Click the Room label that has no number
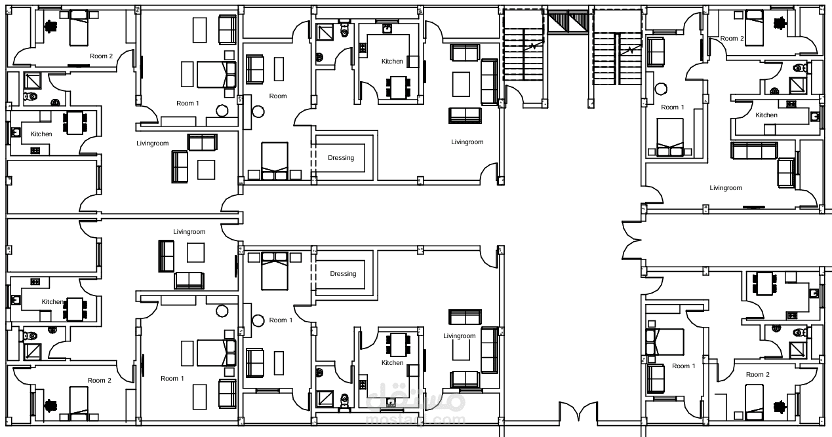pyautogui.click(x=278, y=96)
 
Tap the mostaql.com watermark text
pyautogui.click(x=415, y=419)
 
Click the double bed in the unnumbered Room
pyautogui.click(x=275, y=161)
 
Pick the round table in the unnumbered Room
pyautogui.click(x=258, y=111)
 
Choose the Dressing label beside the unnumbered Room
pyautogui.click(x=341, y=158)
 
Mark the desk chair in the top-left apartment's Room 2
pyautogui.click(x=51, y=27)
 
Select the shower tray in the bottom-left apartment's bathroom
pyautogui.click(x=33, y=351)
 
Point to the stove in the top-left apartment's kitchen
pyautogui.click(x=35, y=151)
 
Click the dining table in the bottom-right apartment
pyautogui.click(x=764, y=284)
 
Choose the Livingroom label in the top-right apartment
pyautogui.click(x=726, y=188)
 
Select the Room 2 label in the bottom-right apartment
pyautogui.click(x=758, y=375)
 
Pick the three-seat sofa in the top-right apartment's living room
pyautogui.click(x=754, y=151)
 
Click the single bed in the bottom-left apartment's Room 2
pyautogui.click(x=79, y=403)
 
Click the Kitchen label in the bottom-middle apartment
pyautogui.click(x=392, y=363)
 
